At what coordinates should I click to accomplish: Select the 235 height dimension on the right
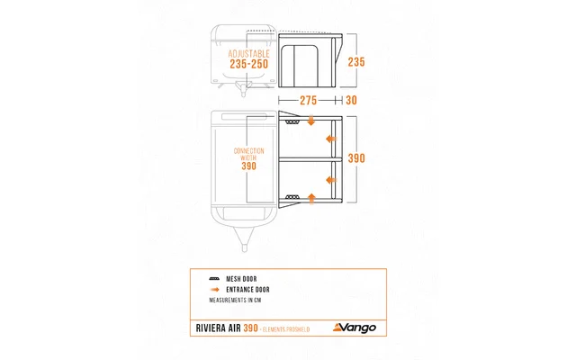[x=356, y=62]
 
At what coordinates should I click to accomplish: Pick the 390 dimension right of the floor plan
[x=356, y=157]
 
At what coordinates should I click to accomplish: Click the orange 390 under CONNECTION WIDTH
[x=249, y=166]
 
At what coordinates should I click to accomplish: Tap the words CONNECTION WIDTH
[x=249, y=152]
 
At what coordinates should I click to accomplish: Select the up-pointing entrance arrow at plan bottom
[x=310, y=195]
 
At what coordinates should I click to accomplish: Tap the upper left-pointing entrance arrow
[x=330, y=139]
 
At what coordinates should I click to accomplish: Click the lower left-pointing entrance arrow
[x=330, y=176]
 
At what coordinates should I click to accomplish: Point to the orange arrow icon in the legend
[x=214, y=289]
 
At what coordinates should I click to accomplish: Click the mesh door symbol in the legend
[x=214, y=279]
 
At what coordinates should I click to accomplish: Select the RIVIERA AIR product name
[x=216, y=329]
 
